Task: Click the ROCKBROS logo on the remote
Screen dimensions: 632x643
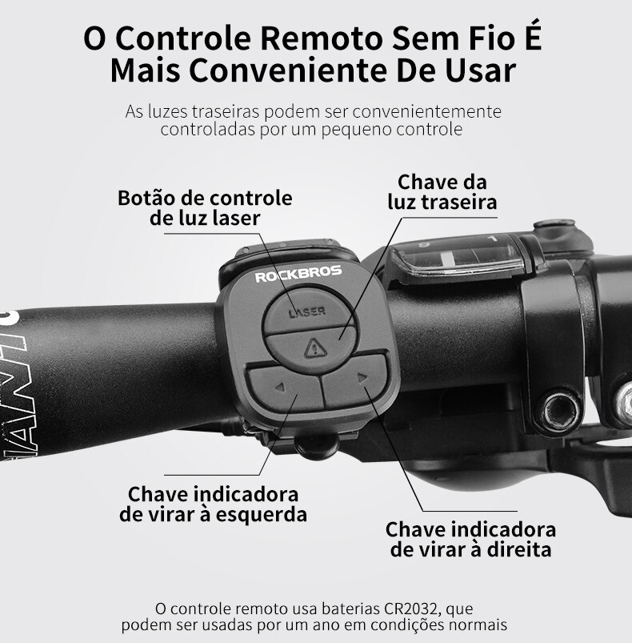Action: coord(298,274)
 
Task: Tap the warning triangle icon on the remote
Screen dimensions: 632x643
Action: coord(315,348)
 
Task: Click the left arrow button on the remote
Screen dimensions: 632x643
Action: coord(285,388)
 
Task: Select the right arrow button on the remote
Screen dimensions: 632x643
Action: coord(355,380)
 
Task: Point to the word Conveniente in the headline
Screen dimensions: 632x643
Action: coord(288,70)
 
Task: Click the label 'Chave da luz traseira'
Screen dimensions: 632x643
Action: coord(442,192)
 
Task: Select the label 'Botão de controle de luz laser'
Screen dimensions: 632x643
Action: coord(205,208)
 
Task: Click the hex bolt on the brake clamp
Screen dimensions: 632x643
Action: coord(559,411)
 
